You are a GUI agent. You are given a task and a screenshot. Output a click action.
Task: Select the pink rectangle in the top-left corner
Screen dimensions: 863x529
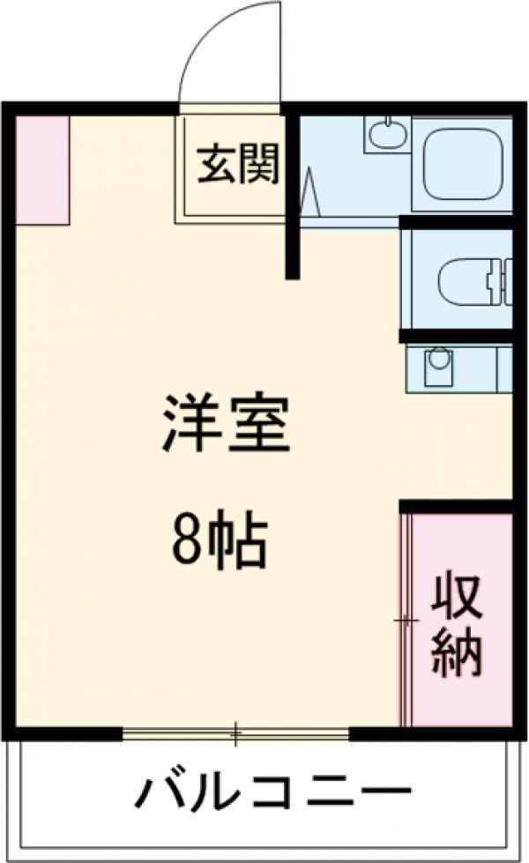click(x=42, y=169)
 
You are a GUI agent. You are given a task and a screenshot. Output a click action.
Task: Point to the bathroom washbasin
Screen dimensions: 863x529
click(x=384, y=135)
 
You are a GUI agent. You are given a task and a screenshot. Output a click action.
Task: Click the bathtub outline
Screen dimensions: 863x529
click(x=464, y=164)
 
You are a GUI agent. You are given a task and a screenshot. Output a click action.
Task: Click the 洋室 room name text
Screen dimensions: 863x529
click(x=226, y=423)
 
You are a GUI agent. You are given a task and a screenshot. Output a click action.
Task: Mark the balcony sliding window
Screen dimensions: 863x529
click(x=236, y=733)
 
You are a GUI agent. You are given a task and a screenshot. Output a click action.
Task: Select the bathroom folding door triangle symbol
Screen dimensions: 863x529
click(x=309, y=194)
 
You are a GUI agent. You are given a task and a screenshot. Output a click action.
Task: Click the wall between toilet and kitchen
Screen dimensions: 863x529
click(x=455, y=336)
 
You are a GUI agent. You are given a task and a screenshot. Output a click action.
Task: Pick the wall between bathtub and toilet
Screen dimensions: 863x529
click(x=455, y=222)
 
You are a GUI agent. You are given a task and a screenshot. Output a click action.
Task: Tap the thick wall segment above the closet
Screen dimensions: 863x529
click(x=456, y=506)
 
